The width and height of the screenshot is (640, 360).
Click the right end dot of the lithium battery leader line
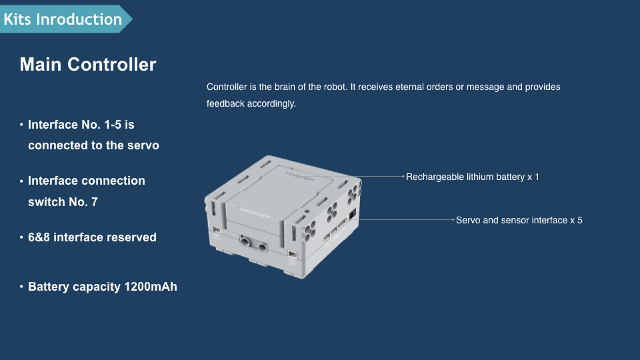click(403, 176)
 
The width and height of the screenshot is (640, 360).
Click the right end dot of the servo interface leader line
click(453, 219)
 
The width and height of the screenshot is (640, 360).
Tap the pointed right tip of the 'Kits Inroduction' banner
click(132, 19)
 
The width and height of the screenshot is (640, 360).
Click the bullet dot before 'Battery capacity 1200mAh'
click(21, 287)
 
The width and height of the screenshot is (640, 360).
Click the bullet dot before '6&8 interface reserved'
click(21, 237)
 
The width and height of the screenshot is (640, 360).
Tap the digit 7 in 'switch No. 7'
click(95, 202)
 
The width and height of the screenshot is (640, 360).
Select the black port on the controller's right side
click(353, 214)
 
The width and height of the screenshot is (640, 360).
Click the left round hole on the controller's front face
click(245, 241)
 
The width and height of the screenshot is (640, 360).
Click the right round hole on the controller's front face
click(262, 247)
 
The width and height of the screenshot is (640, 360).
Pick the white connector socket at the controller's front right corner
click(292, 254)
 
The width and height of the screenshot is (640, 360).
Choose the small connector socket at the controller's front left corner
click(217, 231)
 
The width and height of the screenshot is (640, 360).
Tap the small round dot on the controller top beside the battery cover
click(307, 211)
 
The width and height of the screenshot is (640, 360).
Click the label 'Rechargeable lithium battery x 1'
click(472, 177)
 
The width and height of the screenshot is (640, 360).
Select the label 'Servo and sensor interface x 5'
click(519, 220)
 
